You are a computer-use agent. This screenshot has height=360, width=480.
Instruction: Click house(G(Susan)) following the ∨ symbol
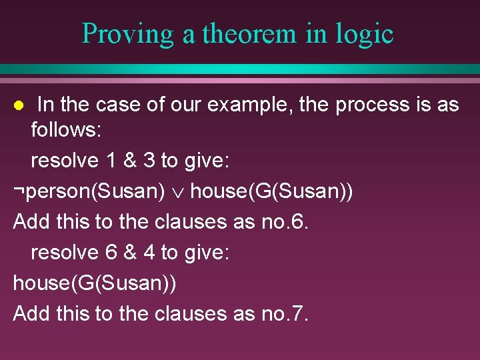(x=272, y=191)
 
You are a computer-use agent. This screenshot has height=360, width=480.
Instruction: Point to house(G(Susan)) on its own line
(x=95, y=283)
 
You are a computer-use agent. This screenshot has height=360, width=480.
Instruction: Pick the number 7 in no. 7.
(x=297, y=313)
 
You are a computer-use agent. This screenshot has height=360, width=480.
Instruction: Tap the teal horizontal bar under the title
(x=240, y=69)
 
